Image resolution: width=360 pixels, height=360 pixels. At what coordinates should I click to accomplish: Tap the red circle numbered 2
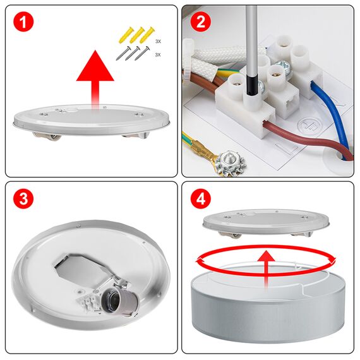(201, 23)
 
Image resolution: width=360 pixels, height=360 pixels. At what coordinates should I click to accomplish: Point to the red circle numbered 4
(201, 200)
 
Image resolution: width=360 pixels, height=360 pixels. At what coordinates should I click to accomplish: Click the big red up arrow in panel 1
(95, 73)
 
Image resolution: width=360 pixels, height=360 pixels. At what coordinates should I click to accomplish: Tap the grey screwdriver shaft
(251, 38)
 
